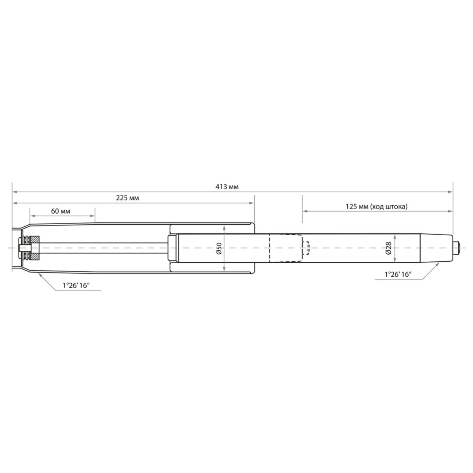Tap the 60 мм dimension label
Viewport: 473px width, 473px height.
coord(61,211)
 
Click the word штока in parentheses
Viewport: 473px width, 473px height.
coord(395,206)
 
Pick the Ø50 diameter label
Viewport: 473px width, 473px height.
coord(219,248)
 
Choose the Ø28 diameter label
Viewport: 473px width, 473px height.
coord(389,248)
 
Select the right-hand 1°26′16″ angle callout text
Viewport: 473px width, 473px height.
coord(399,275)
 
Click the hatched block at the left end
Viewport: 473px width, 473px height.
coord(34,248)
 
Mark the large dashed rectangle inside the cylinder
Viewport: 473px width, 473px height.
coord(285,248)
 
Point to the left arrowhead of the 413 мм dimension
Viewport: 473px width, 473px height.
coord(14,192)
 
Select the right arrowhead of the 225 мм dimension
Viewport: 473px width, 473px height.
coord(252,203)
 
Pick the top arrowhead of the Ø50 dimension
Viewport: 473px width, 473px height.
coord(224,227)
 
